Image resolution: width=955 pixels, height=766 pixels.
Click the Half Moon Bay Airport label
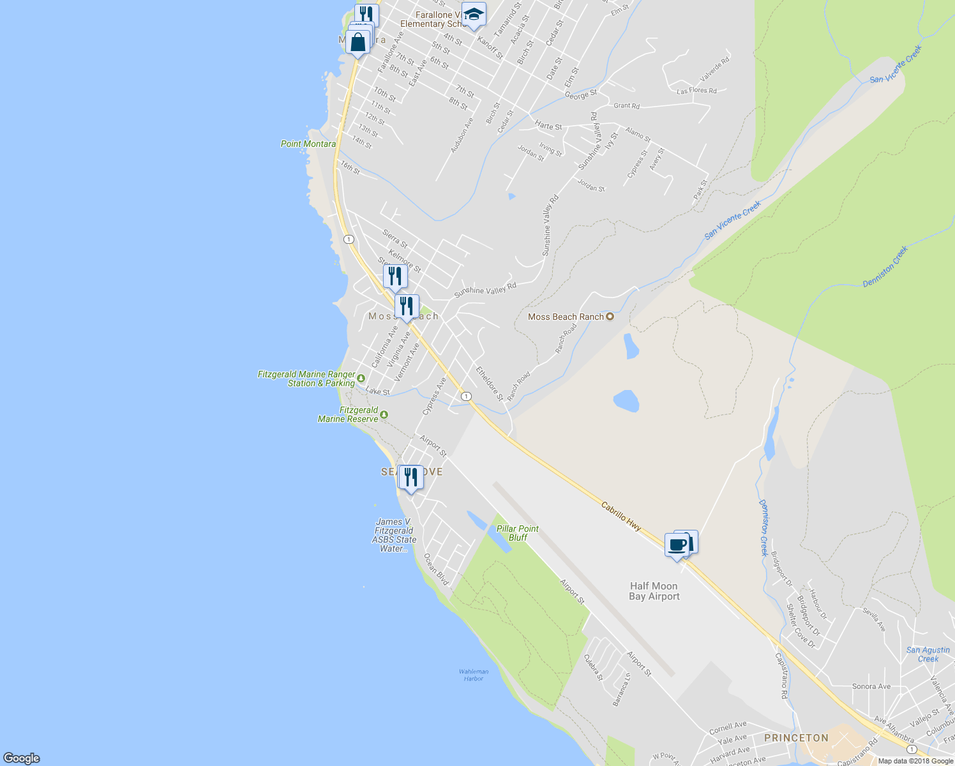click(x=654, y=591)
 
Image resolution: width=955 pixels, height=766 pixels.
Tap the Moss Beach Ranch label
click(x=566, y=317)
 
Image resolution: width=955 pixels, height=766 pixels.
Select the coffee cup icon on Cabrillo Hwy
click(x=677, y=546)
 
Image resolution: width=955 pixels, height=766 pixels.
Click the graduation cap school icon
click(x=474, y=15)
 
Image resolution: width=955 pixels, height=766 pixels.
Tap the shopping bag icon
click(x=358, y=43)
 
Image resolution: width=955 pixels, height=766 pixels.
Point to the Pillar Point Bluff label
click(x=518, y=533)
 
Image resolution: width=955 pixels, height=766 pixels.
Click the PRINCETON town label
click(x=796, y=738)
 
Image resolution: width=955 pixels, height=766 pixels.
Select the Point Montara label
click(x=308, y=144)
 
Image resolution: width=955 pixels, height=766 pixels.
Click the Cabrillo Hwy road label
click(x=621, y=516)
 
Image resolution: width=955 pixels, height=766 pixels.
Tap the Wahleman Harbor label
click(x=474, y=675)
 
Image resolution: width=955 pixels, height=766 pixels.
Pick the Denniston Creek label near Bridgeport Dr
click(x=764, y=527)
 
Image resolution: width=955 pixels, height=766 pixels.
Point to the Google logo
click(x=22, y=758)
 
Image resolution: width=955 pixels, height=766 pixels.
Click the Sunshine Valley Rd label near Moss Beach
click(x=485, y=290)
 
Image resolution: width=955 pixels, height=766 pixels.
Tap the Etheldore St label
click(x=490, y=384)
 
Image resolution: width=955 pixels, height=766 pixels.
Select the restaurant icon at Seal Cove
click(x=411, y=477)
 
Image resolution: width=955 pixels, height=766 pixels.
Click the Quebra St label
click(x=594, y=667)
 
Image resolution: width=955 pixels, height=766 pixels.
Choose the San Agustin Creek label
click(x=928, y=654)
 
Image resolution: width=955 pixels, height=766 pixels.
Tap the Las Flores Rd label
click(x=696, y=91)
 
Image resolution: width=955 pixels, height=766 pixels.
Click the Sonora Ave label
click(x=871, y=687)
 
